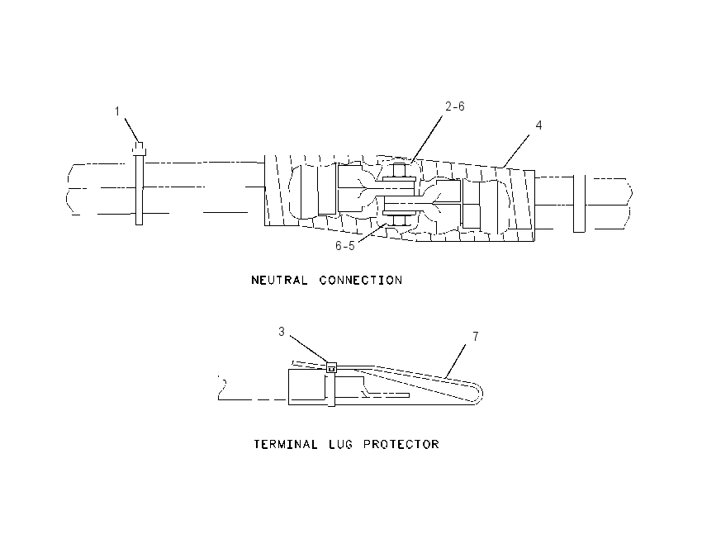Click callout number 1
point(117,111)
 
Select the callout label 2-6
point(455,106)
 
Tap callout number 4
point(538,125)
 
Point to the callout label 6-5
point(345,246)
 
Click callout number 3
point(281,332)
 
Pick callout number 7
point(476,336)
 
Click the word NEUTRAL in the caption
point(279,281)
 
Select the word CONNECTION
point(361,281)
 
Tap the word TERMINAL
point(286,444)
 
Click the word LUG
point(341,444)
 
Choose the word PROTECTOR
point(401,444)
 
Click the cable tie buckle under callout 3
point(331,368)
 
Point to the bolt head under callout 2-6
point(400,171)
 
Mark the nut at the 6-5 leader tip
point(398,220)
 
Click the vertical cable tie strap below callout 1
point(140,188)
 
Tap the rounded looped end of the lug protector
point(478,394)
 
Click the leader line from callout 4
point(515,151)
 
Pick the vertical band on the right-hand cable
point(579,204)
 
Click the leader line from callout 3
point(307,350)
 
